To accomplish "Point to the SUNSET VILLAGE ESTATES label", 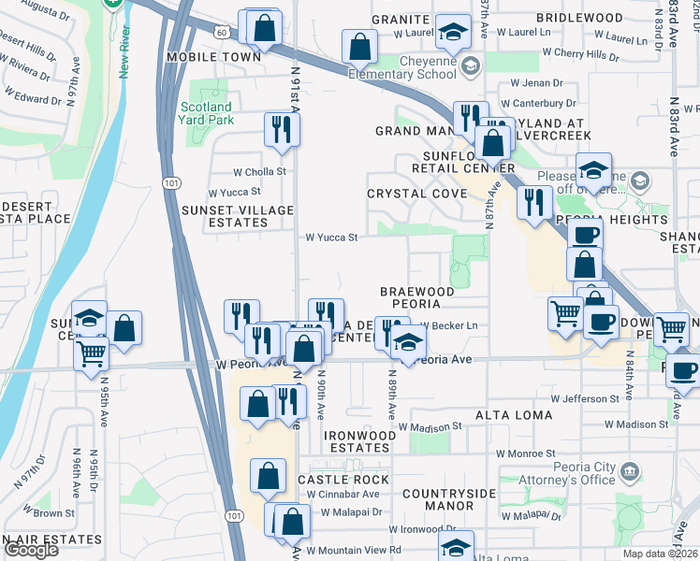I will click(238, 216).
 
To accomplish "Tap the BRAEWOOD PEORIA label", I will click(416, 298).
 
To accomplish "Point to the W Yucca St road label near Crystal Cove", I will click(332, 237).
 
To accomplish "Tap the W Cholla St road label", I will click(259, 172).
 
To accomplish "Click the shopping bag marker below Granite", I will click(359, 44).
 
